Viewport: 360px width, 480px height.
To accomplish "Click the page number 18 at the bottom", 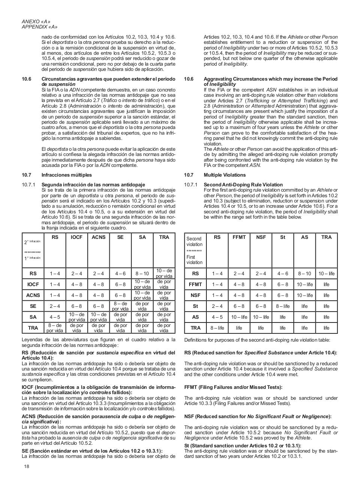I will click(x=26, y=466).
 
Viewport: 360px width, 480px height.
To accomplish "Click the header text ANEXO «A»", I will click(x=36, y=21).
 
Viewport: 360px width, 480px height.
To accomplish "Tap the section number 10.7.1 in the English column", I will click(x=190, y=184).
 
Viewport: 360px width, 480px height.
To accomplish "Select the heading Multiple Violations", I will click(x=225, y=175).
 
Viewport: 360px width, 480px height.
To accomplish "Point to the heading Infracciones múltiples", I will click(x=66, y=175).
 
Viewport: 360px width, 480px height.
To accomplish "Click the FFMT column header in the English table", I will click(x=239, y=237).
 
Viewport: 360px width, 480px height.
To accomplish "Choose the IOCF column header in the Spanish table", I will click(x=76, y=237).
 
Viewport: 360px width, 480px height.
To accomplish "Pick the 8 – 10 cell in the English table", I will click(x=304, y=273).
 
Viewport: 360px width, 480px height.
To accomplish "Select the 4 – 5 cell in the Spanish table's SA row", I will click(x=55, y=317).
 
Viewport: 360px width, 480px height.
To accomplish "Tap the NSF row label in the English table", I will click(x=195, y=295).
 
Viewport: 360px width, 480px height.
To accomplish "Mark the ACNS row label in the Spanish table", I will click(x=33, y=295).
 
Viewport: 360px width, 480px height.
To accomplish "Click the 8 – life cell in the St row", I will click(x=282, y=306).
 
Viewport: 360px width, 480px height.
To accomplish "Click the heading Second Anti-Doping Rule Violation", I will click(x=243, y=184).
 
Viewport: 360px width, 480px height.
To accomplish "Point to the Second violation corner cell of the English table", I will click(x=195, y=250).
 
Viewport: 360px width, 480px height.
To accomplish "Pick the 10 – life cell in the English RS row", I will click(x=326, y=273).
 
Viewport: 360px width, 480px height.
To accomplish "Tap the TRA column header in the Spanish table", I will click(x=164, y=237).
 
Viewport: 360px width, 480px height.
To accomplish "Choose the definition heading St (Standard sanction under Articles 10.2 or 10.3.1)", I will click(x=242, y=445).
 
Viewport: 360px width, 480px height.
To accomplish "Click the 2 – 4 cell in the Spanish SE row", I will click(x=55, y=306).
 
